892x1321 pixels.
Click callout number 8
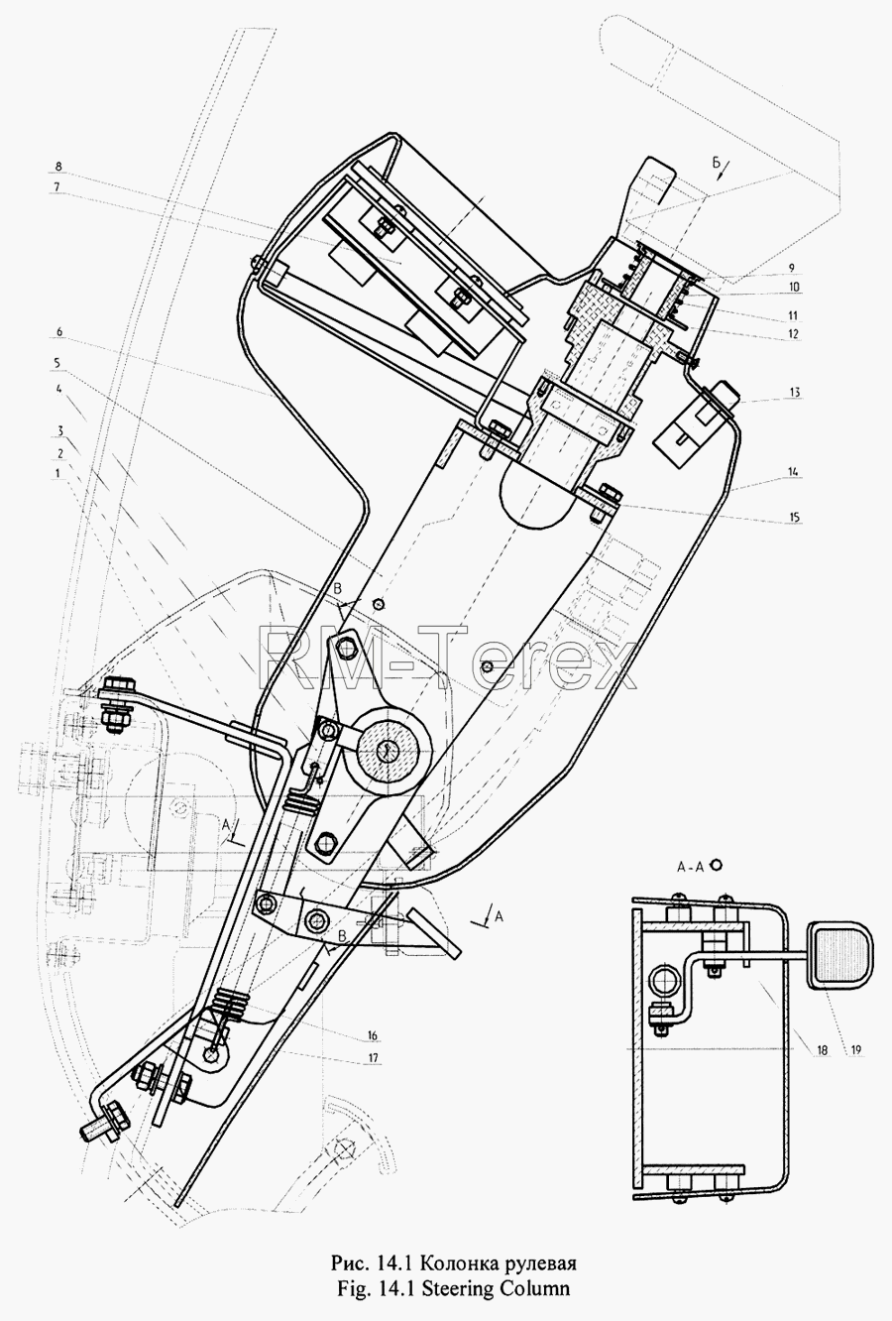click(57, 167)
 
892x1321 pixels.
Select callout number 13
click(795, 392)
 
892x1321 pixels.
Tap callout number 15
click(795, 518)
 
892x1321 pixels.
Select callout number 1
click(57, 473)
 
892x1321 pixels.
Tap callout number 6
click(57, 332)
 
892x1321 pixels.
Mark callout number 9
click(793, 268)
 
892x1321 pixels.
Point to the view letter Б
click(717, 163)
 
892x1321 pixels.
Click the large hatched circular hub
click(386, 750)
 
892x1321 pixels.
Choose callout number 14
click(795, 471)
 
